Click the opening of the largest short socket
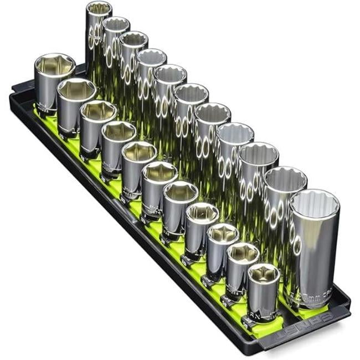click(x=54, y=65)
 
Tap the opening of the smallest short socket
click(x=263, y=273)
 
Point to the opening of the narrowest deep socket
click(x=99, y=9)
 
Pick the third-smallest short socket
click(x=222, y=249)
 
